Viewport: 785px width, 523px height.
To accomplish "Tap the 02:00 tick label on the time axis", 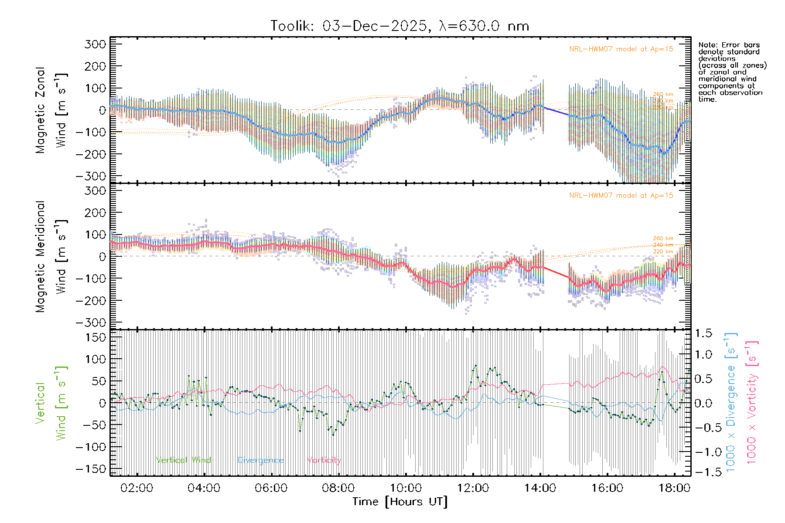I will point(137,488).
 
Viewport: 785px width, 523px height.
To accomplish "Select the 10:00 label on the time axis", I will point(406,488).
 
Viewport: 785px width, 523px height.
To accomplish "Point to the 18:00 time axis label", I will point(674,488).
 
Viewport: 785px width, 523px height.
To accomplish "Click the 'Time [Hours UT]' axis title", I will point(400,502).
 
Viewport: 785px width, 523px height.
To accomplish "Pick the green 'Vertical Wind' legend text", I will point(184,460).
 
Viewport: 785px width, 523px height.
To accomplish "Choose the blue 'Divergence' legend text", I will point(260,460).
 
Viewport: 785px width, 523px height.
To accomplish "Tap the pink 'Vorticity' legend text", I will point(324,460).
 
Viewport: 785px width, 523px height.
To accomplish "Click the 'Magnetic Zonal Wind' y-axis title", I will point(51,110).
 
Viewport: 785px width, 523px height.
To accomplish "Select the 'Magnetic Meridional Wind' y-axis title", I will point(51,257).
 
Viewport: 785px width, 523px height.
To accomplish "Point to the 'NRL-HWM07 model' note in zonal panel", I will point(621,49).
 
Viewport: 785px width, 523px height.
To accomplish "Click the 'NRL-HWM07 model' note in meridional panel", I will point(621,196).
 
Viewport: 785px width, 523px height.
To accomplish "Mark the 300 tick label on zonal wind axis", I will point(96,44).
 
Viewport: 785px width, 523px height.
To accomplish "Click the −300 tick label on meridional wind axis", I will point(91,323).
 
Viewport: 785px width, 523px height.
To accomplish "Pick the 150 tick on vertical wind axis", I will point(96,337).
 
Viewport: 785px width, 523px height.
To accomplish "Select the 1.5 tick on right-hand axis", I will point(703,333).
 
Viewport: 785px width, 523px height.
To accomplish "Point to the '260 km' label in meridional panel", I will point(663,238).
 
